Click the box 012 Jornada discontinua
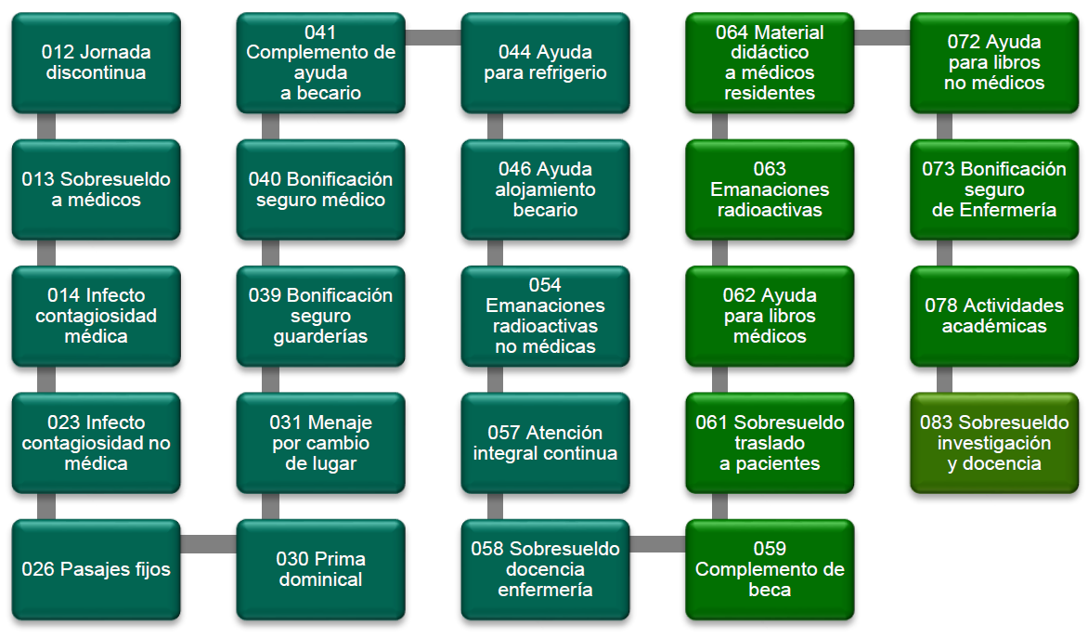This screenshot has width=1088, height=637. [97, 62]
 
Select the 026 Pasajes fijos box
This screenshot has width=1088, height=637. [97, 569]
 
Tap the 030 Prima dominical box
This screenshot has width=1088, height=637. [321, 569]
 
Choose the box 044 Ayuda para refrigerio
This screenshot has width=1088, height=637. [546, 62]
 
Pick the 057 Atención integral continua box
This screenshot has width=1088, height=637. [546, 443]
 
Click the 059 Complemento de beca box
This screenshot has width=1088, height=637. [771, 569]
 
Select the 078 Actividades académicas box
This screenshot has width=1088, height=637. [995, 316]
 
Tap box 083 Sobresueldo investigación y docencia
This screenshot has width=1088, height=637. [995, 443]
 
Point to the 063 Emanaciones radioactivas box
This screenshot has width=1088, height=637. [771, 189]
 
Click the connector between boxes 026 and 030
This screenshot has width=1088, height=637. [209, 544]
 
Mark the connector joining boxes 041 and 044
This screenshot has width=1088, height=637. [434, 37]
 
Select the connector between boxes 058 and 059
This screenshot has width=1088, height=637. [658, 544]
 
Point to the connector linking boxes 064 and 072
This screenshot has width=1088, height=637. [882, 37]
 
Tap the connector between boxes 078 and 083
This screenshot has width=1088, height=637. [944, 380]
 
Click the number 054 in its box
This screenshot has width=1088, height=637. [546, 285]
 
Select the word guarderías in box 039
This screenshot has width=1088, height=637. [321, 336]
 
